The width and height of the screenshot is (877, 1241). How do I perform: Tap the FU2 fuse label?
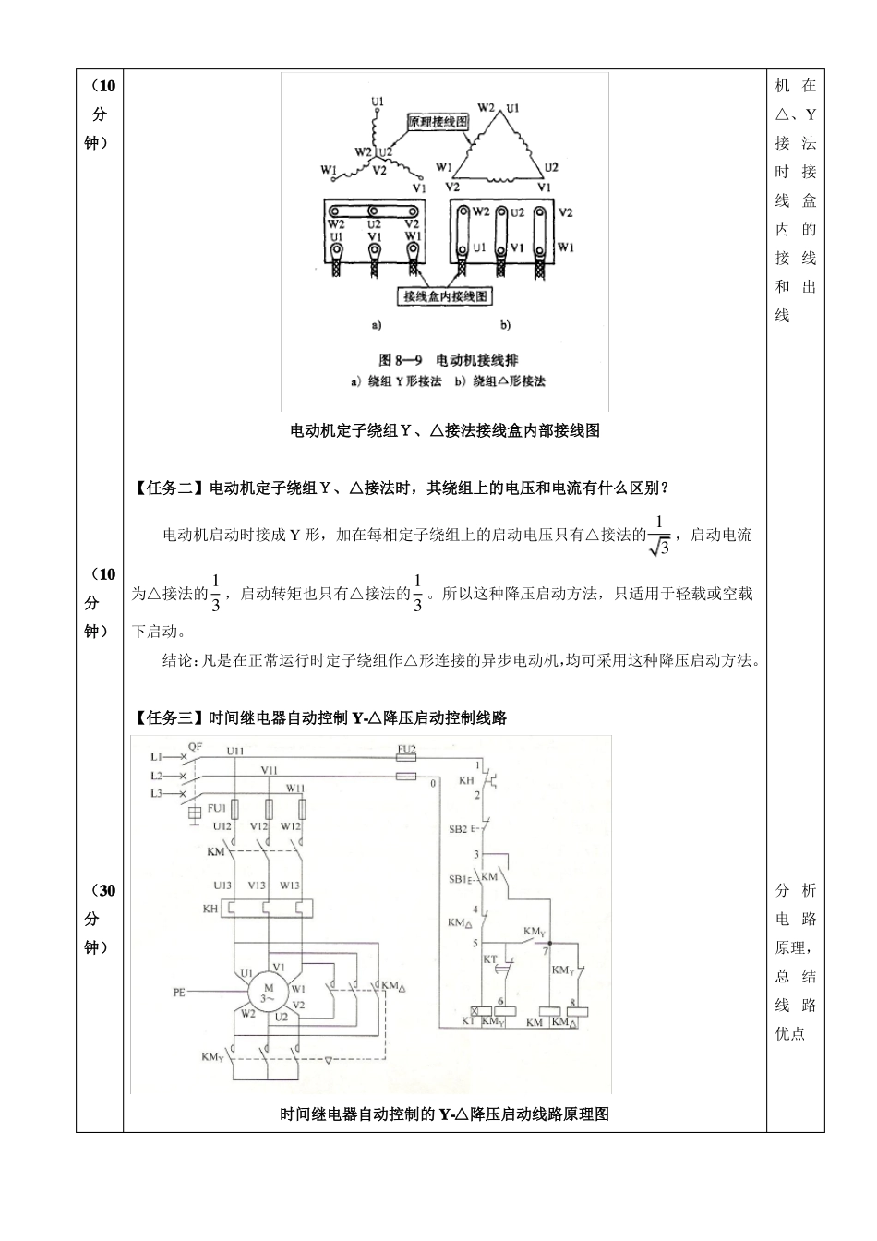(406, 748)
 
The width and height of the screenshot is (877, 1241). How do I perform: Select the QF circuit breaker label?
(196, 746)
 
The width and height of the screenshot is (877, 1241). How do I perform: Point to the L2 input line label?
(157, 776)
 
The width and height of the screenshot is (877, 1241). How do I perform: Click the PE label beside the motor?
(179, 993)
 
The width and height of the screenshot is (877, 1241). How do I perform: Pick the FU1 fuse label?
(217, 808)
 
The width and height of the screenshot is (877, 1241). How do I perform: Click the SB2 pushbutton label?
(458, 829)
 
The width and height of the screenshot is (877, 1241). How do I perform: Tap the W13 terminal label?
(290, 886)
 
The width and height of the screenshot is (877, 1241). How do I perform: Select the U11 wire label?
(236, 752)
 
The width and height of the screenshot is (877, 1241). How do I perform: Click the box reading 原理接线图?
(438, 122)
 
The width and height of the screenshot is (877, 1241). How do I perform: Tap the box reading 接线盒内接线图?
(444, 296)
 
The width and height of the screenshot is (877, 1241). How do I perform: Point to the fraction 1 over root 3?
(658, 536)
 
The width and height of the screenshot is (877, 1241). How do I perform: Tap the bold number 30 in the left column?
(106, 890)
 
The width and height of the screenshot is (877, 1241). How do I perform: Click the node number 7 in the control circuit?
(546, 949)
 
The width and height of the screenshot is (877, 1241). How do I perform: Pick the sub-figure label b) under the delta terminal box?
(505, 325)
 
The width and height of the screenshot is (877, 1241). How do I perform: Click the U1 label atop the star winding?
(377, 100)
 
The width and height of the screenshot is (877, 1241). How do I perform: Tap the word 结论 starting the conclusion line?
(176, 660)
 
